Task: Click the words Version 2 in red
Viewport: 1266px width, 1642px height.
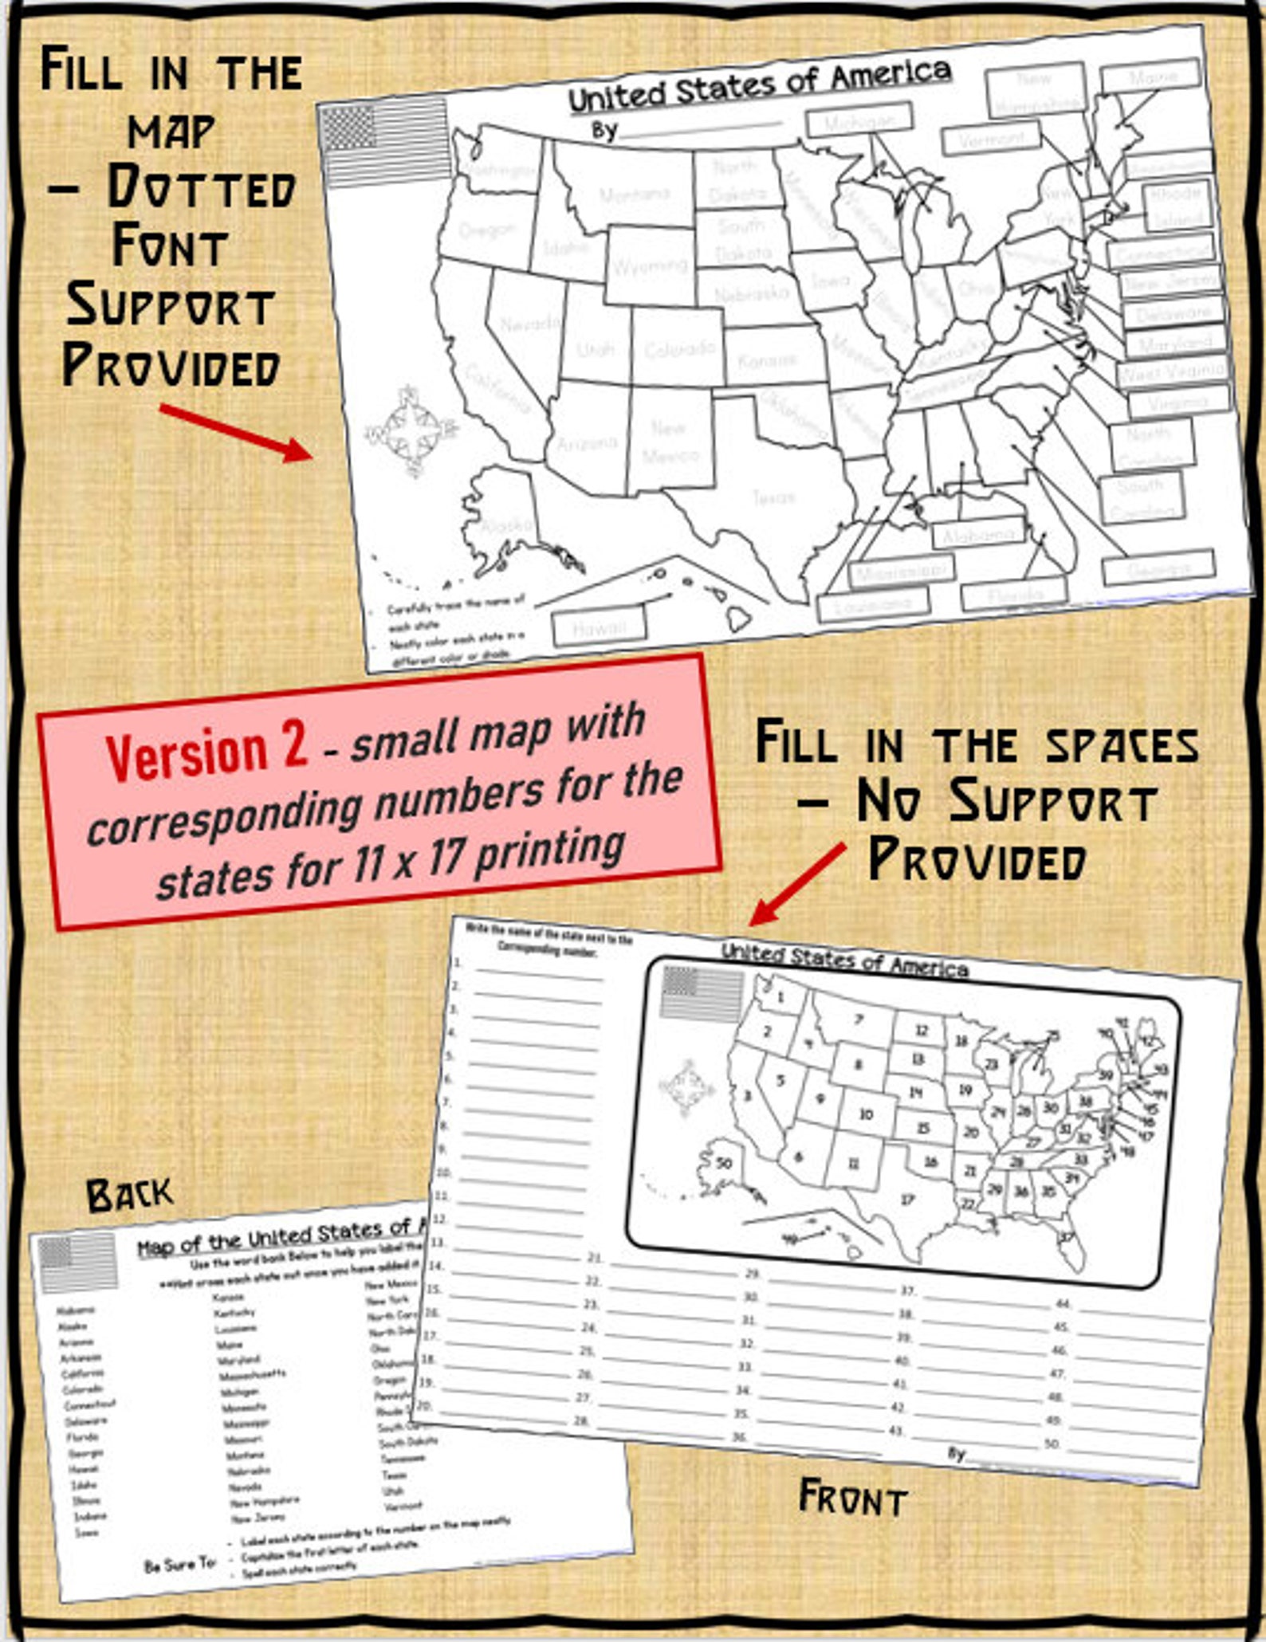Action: point(206,753)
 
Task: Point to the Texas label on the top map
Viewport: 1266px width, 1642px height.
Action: point(773,497)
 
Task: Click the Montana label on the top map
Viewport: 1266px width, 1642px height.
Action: point(635,194)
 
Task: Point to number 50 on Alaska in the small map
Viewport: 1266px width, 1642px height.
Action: point(724,1163)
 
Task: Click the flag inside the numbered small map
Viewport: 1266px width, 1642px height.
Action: point(702,993)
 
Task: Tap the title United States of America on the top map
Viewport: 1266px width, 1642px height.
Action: point(759,85)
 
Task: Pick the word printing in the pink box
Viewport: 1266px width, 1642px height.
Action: point(550,853)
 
